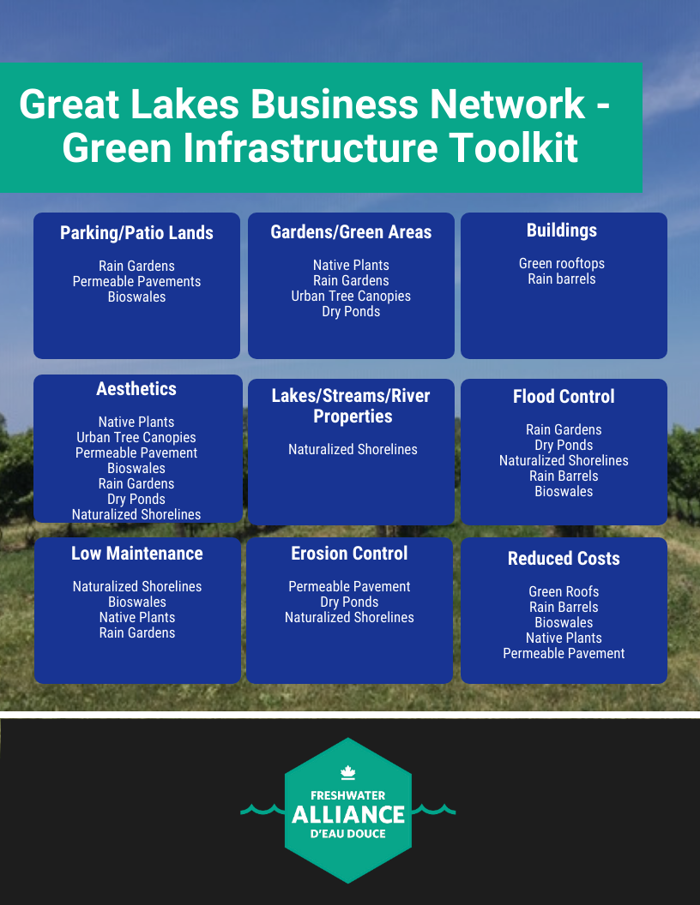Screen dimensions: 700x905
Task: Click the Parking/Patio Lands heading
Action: (x=137, y=232)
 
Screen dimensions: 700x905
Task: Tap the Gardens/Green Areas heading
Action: (x=351, y=232)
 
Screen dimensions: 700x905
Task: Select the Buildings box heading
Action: (x=562, y=231)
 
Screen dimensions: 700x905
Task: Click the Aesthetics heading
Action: (x=136, y=388)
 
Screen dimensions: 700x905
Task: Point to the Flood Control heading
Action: (x=564, y=397)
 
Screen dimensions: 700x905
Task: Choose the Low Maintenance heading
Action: (x=137, y=554)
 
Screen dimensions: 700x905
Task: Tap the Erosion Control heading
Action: (x=349, y=554)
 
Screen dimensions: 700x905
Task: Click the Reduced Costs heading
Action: (x=564, y=559)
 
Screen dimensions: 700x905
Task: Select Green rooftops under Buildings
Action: (x=562, y=264)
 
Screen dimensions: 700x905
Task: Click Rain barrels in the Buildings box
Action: (x=562, y=279)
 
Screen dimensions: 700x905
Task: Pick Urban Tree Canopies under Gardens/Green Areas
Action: (x=351, y=296)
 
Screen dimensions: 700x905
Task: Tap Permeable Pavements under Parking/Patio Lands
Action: (x=137, y=281)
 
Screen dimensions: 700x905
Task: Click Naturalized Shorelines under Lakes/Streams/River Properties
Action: (x=353, y=449)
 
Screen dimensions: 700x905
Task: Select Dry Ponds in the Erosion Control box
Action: (x=349, y=602)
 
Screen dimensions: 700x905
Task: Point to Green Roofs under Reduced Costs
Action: (x=564, y=591)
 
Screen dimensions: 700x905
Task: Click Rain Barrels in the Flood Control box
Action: (x=564, y=476)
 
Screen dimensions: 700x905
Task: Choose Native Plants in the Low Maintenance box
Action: (x=137, y=618)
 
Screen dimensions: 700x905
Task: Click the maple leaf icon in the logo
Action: (x=347, y=772)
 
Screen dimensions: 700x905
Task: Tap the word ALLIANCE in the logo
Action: (x=348, y=815)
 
